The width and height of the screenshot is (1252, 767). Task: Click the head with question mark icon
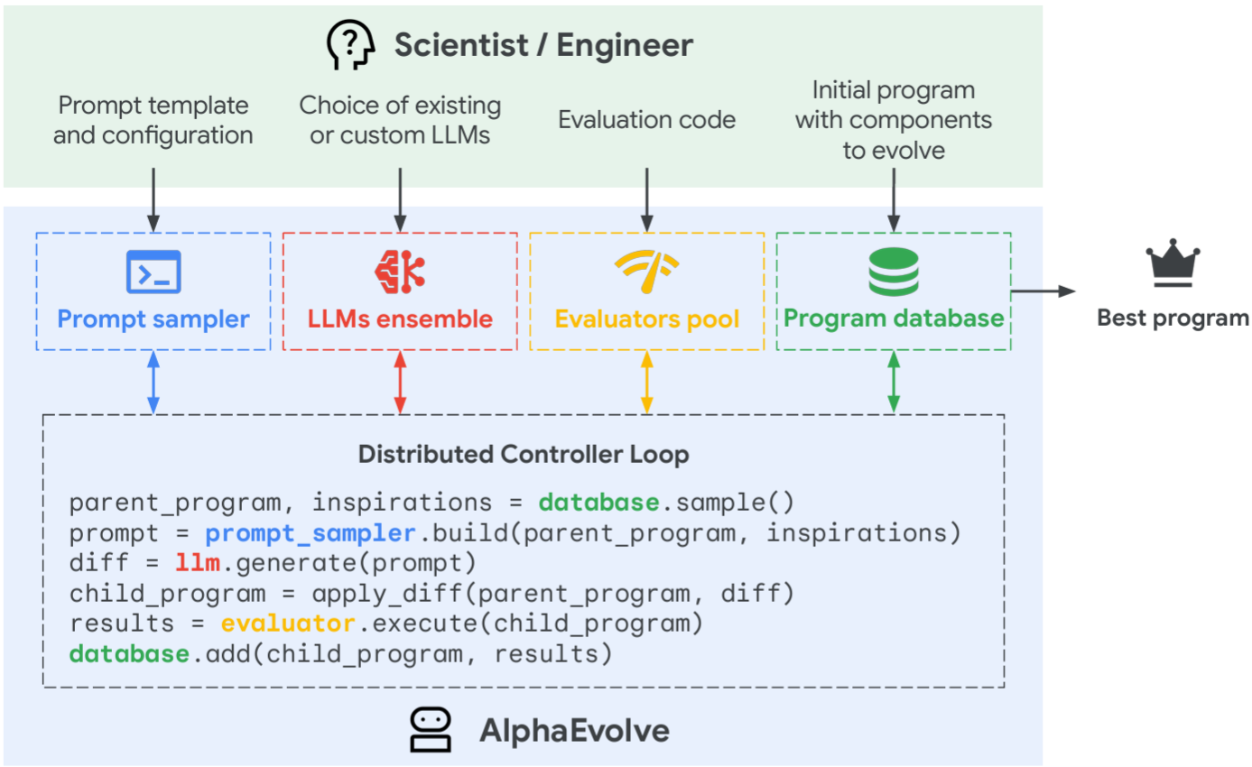tap(350, 45)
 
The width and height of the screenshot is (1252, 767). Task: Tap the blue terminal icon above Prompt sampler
tap(153, 272)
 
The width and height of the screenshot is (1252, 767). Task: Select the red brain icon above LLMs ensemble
tap(400, 272)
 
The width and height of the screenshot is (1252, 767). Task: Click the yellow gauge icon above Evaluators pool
tap(646, 272)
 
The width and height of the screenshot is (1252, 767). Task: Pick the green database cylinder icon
tap(894, 272)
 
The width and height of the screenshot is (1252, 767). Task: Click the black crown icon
tap(1173, 263)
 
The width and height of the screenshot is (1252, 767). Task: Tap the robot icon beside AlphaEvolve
tap(431, 730)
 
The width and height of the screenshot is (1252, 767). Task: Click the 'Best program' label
tap(1173, 318)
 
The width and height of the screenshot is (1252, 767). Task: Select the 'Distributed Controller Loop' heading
tap(524, 454)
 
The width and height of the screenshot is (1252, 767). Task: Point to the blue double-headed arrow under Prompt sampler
tap(153, 383)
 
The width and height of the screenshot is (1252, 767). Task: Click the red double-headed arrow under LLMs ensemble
tap(400, 383)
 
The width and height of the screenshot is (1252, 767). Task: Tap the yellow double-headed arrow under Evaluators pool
tap(646, 383)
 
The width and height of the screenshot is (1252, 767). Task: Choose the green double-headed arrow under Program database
tap(894, 383)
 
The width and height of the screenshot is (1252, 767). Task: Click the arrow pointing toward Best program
tap(1043, 291)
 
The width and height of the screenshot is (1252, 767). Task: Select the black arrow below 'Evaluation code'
tap(646, 200)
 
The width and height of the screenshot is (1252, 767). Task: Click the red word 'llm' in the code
tap(198, 562)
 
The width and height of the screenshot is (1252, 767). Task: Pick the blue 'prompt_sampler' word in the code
tap(311, 533)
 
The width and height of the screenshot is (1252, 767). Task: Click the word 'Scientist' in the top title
tap(461, 45)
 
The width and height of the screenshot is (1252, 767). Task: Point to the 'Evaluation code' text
tap(646, 119)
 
